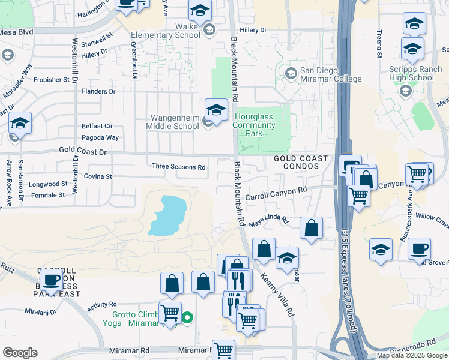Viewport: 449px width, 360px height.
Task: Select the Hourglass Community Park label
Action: coord(255,125)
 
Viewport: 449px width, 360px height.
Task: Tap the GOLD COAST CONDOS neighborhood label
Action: coord(301,163)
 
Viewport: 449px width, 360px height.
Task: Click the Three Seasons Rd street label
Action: coord(179,167)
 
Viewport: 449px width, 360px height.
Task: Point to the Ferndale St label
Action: coord(49,195)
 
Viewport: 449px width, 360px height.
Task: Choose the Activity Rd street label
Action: coord(101,305)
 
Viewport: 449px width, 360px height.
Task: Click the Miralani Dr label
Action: coord(40,312)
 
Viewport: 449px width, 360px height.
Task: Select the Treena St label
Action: coord(379,44)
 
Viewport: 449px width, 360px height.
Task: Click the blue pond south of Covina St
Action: coord(167,214)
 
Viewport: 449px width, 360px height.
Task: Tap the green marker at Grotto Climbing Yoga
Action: coord(187,317)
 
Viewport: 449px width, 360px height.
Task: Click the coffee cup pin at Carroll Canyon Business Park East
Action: coord(52,279)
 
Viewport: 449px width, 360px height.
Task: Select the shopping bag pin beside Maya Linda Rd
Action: coord(311,228)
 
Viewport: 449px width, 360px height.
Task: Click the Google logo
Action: coord(20,353)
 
